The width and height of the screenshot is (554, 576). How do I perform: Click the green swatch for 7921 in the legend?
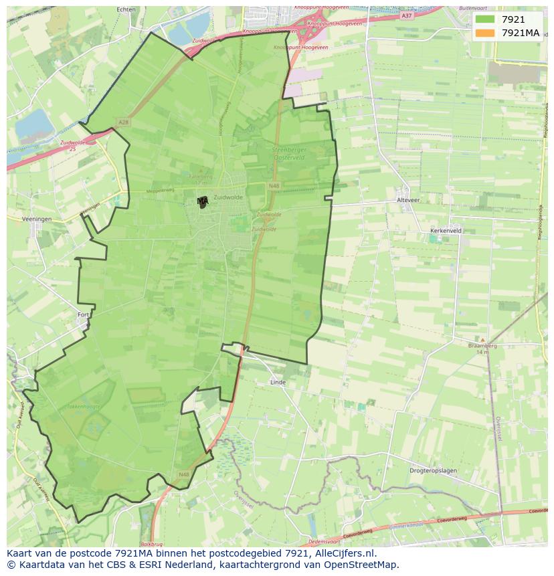click(485, 19)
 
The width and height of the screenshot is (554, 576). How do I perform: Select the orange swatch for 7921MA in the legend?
click(485, 33)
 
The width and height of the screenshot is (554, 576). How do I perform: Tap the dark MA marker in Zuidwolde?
click(203, 201)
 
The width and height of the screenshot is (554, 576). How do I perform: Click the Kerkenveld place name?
click(446, 230)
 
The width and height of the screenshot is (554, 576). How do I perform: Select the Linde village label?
click(277, 382)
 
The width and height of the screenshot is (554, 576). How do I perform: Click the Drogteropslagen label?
click(433, 470)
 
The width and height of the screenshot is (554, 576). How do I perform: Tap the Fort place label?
click(83, 314)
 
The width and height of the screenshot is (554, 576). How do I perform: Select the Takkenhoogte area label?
click(83, 406)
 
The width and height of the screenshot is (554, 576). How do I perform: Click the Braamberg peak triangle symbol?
click(482, 340)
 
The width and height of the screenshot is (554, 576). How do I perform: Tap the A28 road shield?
click(122, 122)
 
